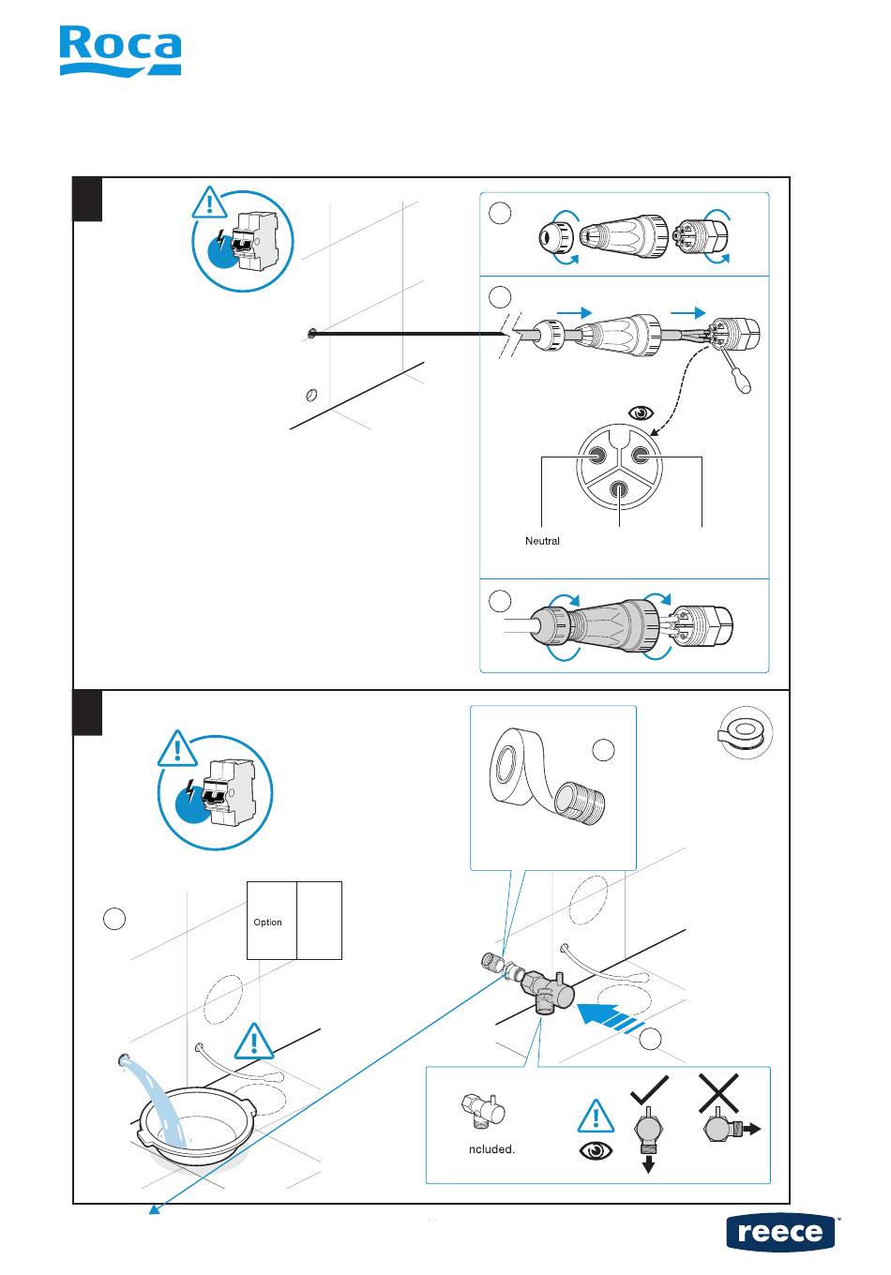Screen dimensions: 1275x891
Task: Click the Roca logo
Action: (120, 51)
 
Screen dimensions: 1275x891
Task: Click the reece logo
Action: (780, 1233)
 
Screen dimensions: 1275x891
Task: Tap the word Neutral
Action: (542, 541)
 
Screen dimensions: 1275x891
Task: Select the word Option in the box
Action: (267, 922)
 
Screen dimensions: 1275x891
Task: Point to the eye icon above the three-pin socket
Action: (642, 412)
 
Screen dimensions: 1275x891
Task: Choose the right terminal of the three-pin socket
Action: (642, 456)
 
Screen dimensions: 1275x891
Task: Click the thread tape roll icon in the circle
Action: (747, 732)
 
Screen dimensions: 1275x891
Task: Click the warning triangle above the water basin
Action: (253, 1042)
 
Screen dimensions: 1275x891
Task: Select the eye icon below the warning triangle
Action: (597, 1151)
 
